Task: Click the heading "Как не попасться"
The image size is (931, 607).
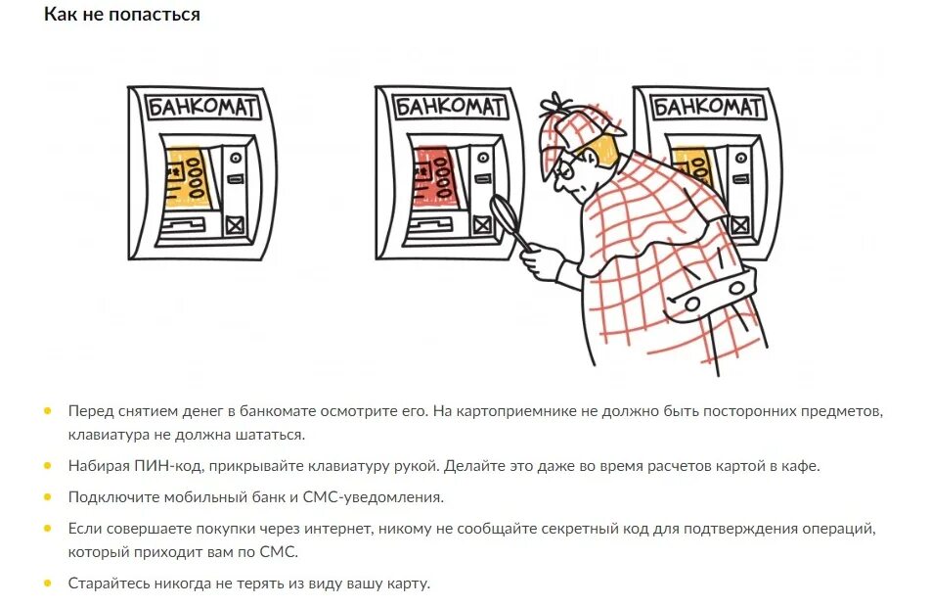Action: point(121,15)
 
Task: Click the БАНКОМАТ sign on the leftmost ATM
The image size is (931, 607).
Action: point(201,107)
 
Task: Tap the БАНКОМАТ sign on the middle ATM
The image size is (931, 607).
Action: point(450,106)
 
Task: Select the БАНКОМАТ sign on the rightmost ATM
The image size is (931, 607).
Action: point(708,106)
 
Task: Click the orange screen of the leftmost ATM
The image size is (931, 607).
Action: point(185,177)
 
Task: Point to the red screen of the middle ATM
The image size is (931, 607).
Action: point(431,177)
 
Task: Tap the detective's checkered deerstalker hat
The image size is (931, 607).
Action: point(577,122)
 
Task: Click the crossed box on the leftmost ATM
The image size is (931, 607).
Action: point(235,226)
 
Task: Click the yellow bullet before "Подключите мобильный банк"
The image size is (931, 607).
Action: point(47,496)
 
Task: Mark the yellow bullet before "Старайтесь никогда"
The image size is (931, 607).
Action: point(47,583)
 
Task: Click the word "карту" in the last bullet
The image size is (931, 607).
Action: point(408,584)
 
